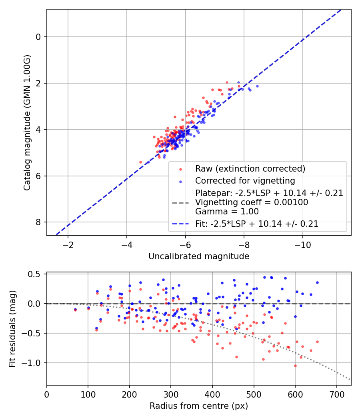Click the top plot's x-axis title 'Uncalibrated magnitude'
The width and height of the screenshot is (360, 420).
[199, 256]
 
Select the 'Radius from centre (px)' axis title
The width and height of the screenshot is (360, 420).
[199, 406]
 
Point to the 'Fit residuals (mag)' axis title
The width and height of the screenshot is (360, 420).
[12, 328]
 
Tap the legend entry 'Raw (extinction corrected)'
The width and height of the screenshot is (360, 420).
[250, 169]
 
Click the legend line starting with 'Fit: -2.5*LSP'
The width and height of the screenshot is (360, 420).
[257, 224]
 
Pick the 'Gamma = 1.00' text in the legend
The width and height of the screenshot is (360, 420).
[227, 211]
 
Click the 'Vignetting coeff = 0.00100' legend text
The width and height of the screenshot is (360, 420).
[252, 202]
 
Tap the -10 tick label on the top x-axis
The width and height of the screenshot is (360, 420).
[302, 244]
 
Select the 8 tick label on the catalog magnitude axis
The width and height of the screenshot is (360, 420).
[38, 222]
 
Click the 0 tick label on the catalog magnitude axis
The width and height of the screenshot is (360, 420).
[38, 37]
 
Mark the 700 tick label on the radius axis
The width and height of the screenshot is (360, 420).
[336, 394]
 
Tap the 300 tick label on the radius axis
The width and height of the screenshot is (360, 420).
[171, 394]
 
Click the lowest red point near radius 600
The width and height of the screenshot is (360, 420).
[295, 366]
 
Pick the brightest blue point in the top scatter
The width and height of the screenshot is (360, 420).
[257, 86]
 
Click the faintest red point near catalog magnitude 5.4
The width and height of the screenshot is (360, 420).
[140, 162]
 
